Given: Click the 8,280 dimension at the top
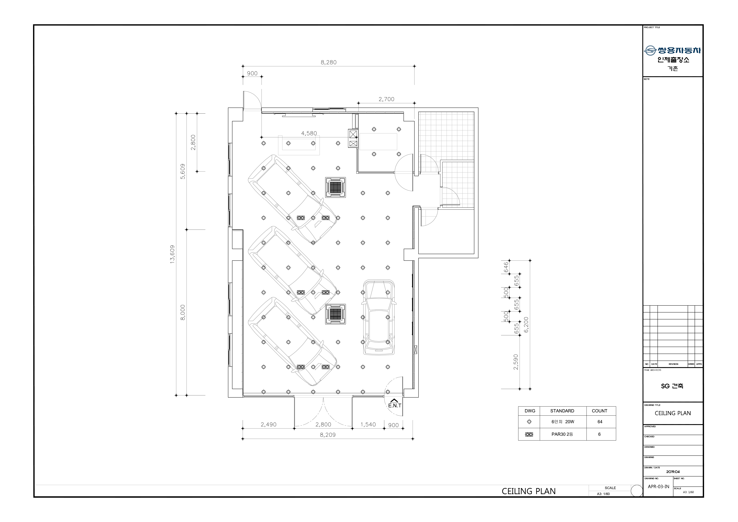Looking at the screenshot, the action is click(x=328, y=62).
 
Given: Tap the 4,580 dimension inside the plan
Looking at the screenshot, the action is click(x=309, y=133).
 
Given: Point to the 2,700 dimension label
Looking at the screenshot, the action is click(x=386, y=99).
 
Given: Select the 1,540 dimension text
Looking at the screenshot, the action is click(x=368, y=425).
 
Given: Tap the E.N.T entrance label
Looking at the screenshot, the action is click(x=395, y=406).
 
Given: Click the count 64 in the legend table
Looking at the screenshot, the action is click(x=600, y=422).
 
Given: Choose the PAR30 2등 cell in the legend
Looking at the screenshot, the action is click(x=562, y=434).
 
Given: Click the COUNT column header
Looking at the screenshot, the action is click(x=599, y=411).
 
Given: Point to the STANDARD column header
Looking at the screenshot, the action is click(x=562, y=411).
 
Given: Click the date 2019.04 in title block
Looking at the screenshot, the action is click(x=673, y=472).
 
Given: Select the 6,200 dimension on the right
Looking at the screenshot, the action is click(x=526, y=325).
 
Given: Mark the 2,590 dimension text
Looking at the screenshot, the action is click(x=516, y=362).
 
